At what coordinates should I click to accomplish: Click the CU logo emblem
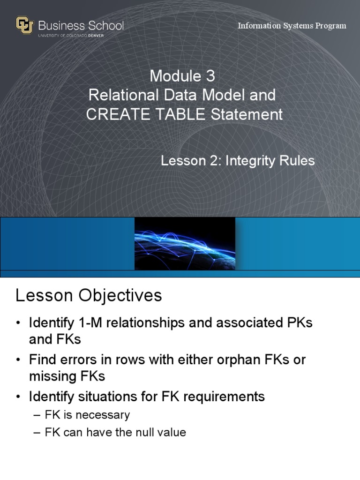[24, 25]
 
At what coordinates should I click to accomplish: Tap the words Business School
[81, 25]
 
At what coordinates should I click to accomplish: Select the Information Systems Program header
[292, 25]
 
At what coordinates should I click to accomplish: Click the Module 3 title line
[182, 76]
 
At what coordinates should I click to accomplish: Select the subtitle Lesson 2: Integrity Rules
[238, 161]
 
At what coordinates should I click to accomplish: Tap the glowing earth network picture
[185, 244]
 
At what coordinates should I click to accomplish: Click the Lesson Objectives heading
[89, 295]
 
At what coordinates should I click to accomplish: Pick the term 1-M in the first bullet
[91, 323]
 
